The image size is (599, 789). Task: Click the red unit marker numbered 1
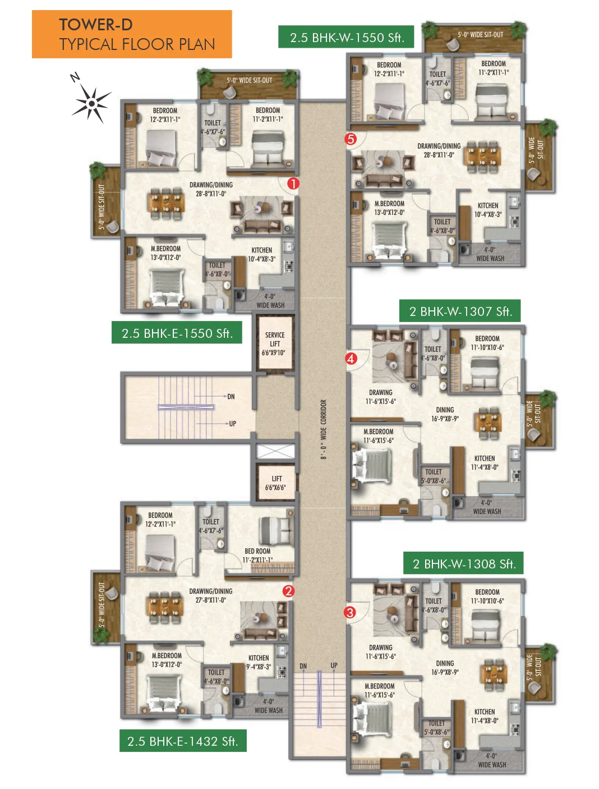point(293,184)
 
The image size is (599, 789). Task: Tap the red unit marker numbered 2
point(289,591)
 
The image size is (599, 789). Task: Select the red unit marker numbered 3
point(350,612)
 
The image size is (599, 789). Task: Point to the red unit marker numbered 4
point(351,359)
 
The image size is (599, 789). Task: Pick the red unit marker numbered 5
point(351,139)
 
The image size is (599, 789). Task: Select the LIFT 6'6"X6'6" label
point(276,483)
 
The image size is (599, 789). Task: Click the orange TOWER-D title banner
point(132,34)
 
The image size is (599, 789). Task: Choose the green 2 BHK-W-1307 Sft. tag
point(460,311)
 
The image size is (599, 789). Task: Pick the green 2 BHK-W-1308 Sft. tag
point(463,563)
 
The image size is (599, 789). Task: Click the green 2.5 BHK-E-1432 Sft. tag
point(183,741)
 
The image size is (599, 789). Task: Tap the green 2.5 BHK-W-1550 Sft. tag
point(346,36)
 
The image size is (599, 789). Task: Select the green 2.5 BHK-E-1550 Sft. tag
point(177,333)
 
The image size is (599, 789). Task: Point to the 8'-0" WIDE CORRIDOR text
point(324,429)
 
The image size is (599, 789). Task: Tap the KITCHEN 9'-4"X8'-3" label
point(259,663)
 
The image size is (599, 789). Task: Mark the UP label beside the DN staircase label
point(334,666)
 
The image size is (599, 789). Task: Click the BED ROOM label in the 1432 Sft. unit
point(257,556)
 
